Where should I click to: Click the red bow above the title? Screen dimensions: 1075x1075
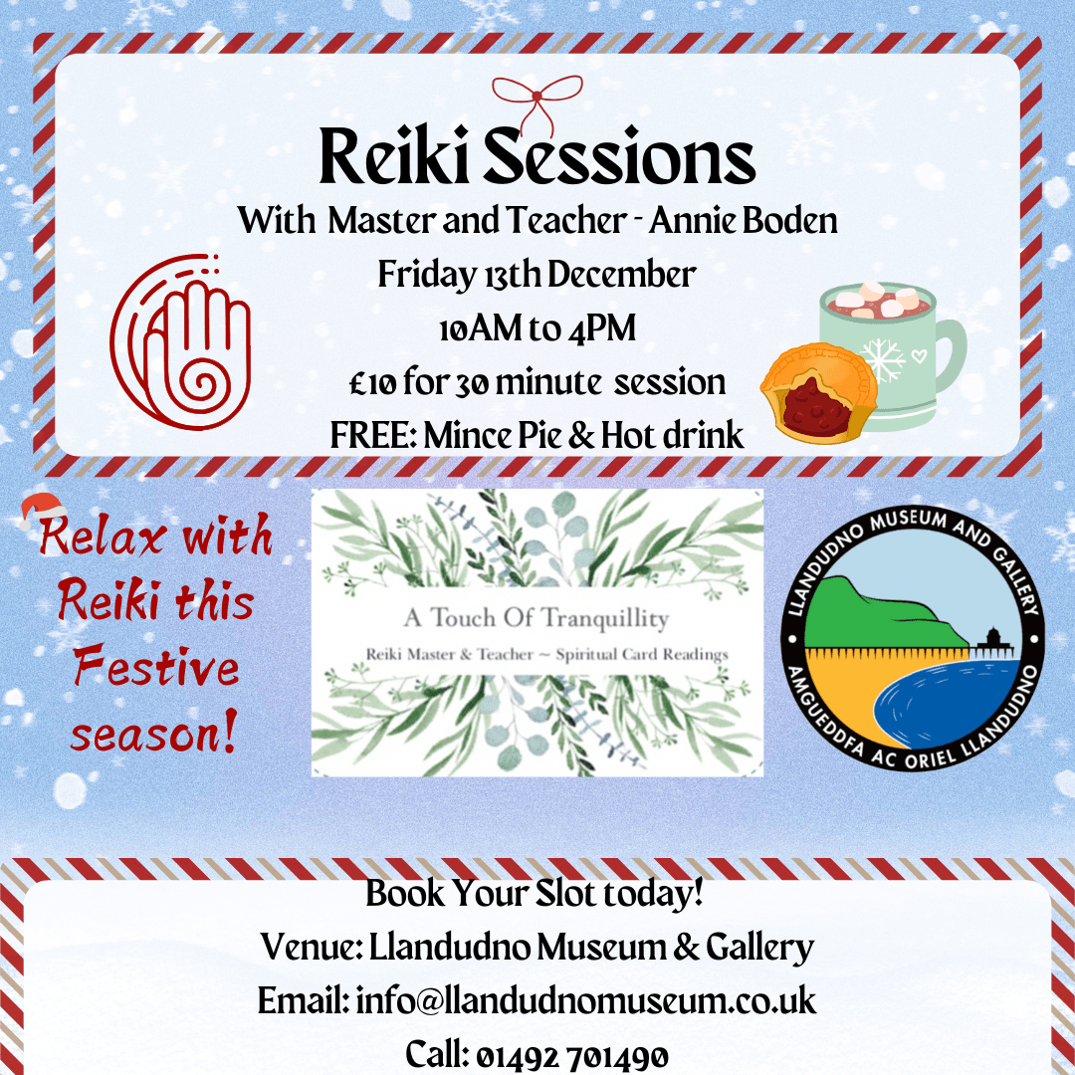[x=537, y=96]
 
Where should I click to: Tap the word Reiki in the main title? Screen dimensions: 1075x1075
[x=394, y=156]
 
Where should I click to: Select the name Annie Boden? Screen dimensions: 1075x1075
[x=744, y=221]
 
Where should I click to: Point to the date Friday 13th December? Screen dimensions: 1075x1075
[x=537, y=275]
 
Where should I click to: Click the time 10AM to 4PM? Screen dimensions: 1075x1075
[x=537, y=327]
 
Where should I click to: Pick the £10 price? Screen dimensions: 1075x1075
[x=372, y=383]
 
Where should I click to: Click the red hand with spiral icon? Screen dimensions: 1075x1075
[x=180, y=340]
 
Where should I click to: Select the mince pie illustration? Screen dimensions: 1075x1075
[x=818, y=393]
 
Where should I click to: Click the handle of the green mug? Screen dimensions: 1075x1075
[x=950, y=353]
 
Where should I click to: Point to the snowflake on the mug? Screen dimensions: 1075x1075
[x=882, y=359]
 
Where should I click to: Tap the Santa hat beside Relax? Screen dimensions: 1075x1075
[x=42, y=510]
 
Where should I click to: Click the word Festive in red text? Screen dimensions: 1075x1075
[x=157, y=665]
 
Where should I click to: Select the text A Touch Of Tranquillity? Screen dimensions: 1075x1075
[x=537, y=618]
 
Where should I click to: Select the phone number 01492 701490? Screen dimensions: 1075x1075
[x=571, y=1056]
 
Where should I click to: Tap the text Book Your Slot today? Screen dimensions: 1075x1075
[x=535, y=893]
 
